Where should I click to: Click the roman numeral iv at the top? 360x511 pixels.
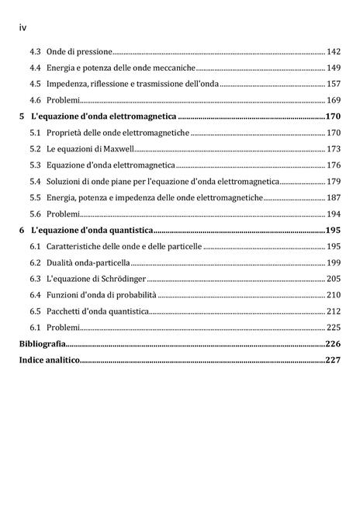click(22, 27)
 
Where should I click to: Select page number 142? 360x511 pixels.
click(334, 51)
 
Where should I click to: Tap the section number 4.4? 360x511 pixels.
click(36, 68)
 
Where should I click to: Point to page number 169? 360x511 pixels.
click(334, 100)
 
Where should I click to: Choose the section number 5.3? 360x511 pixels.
click(36, 165)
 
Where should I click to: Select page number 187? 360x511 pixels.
click(334, 197)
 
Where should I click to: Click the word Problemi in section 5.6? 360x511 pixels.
click(63, 214)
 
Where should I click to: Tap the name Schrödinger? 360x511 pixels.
click(121, 279)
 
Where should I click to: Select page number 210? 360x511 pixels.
click(334, 295)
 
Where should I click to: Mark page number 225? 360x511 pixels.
click(334, 328)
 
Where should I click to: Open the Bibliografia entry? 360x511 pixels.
click(42, 343)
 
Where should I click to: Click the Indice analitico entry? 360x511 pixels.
click(50, 360)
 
